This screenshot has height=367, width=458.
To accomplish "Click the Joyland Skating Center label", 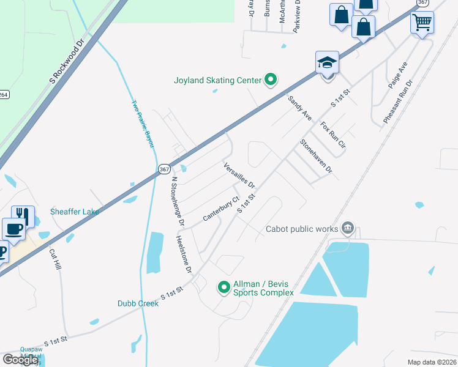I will click(x=218, y=80).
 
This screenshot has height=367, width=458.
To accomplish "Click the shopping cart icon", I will click(x=422, y=23).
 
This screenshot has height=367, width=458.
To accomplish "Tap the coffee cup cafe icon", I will click(x=13, y=229).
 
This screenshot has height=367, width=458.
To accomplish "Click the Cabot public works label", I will click(x=302, y=229).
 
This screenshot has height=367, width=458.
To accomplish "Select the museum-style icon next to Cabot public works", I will click(x=348, y=228).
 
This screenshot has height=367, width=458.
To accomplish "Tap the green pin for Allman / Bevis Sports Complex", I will click(x=224, y=286).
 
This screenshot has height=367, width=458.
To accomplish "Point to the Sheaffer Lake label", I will click(x=75, y=212).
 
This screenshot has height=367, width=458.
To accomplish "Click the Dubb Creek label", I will click(x=138, y=303).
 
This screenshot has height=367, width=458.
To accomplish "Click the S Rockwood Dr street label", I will click(x=66, y=62).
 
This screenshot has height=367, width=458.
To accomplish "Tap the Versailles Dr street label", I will click(x=239, y=175).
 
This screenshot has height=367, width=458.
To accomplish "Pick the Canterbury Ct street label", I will click(x=220, y=210).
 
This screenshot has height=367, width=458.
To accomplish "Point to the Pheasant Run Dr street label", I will click(x=398, y=102).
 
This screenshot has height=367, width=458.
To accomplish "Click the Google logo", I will click(x=21, y=360).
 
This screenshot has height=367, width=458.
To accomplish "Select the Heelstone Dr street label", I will click(x=184, y=254).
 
